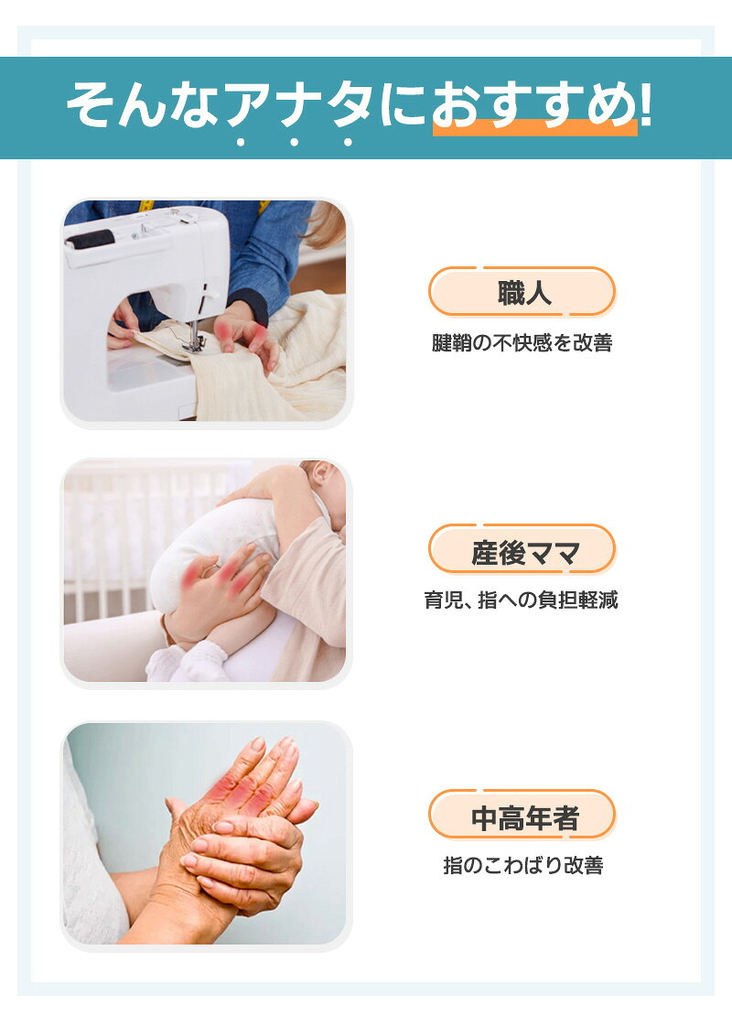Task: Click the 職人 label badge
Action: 522,292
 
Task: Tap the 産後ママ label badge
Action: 522,549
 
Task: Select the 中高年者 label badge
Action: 522,816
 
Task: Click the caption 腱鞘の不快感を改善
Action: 522,342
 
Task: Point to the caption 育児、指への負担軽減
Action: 522,600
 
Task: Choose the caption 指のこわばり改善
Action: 523,865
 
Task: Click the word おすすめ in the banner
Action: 533,103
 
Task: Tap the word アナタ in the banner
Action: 298,103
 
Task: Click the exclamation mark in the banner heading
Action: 645,103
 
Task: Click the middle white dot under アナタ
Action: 294,142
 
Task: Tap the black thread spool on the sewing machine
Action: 90,241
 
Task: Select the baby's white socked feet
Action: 187,660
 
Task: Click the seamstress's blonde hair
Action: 325,223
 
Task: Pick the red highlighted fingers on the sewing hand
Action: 240,331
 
